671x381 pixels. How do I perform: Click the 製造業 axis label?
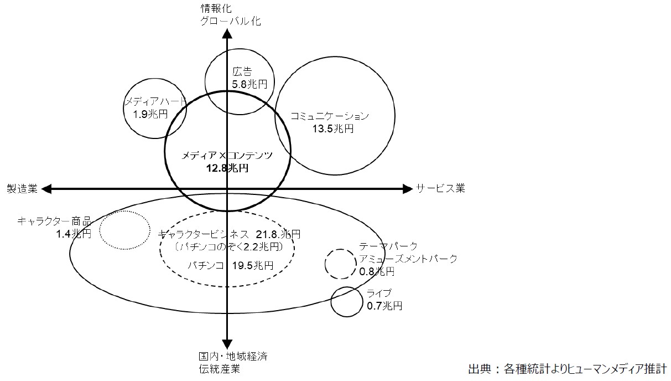(x=22, y=188)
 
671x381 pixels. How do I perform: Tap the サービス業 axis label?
(x=440, y=188)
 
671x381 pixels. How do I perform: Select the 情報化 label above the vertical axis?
(x=216, y=9)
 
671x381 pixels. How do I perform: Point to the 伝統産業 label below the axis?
(x=220, y=369)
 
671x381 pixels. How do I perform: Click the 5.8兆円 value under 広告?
(x=249, y=84)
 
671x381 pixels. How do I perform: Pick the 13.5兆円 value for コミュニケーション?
(x=333, y=128)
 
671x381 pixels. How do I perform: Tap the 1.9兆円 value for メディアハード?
(x=150, y=114)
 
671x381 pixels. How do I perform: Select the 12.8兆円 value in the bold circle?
(x=227, y=168)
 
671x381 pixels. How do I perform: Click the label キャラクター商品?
(x=54, y=221)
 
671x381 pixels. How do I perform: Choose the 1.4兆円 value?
(x=74, y=234)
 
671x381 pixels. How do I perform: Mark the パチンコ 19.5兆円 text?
(x=230, y=265)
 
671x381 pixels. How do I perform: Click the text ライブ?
(x=379, y=293)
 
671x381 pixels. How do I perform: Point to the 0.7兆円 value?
(x=384, y=306)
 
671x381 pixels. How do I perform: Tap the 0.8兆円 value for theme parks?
(x=377, y=271)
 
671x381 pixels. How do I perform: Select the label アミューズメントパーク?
(x=408, y=259)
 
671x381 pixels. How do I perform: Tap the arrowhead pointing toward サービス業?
(x=408, y=189)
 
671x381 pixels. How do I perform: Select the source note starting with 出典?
(x=568, y=369)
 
